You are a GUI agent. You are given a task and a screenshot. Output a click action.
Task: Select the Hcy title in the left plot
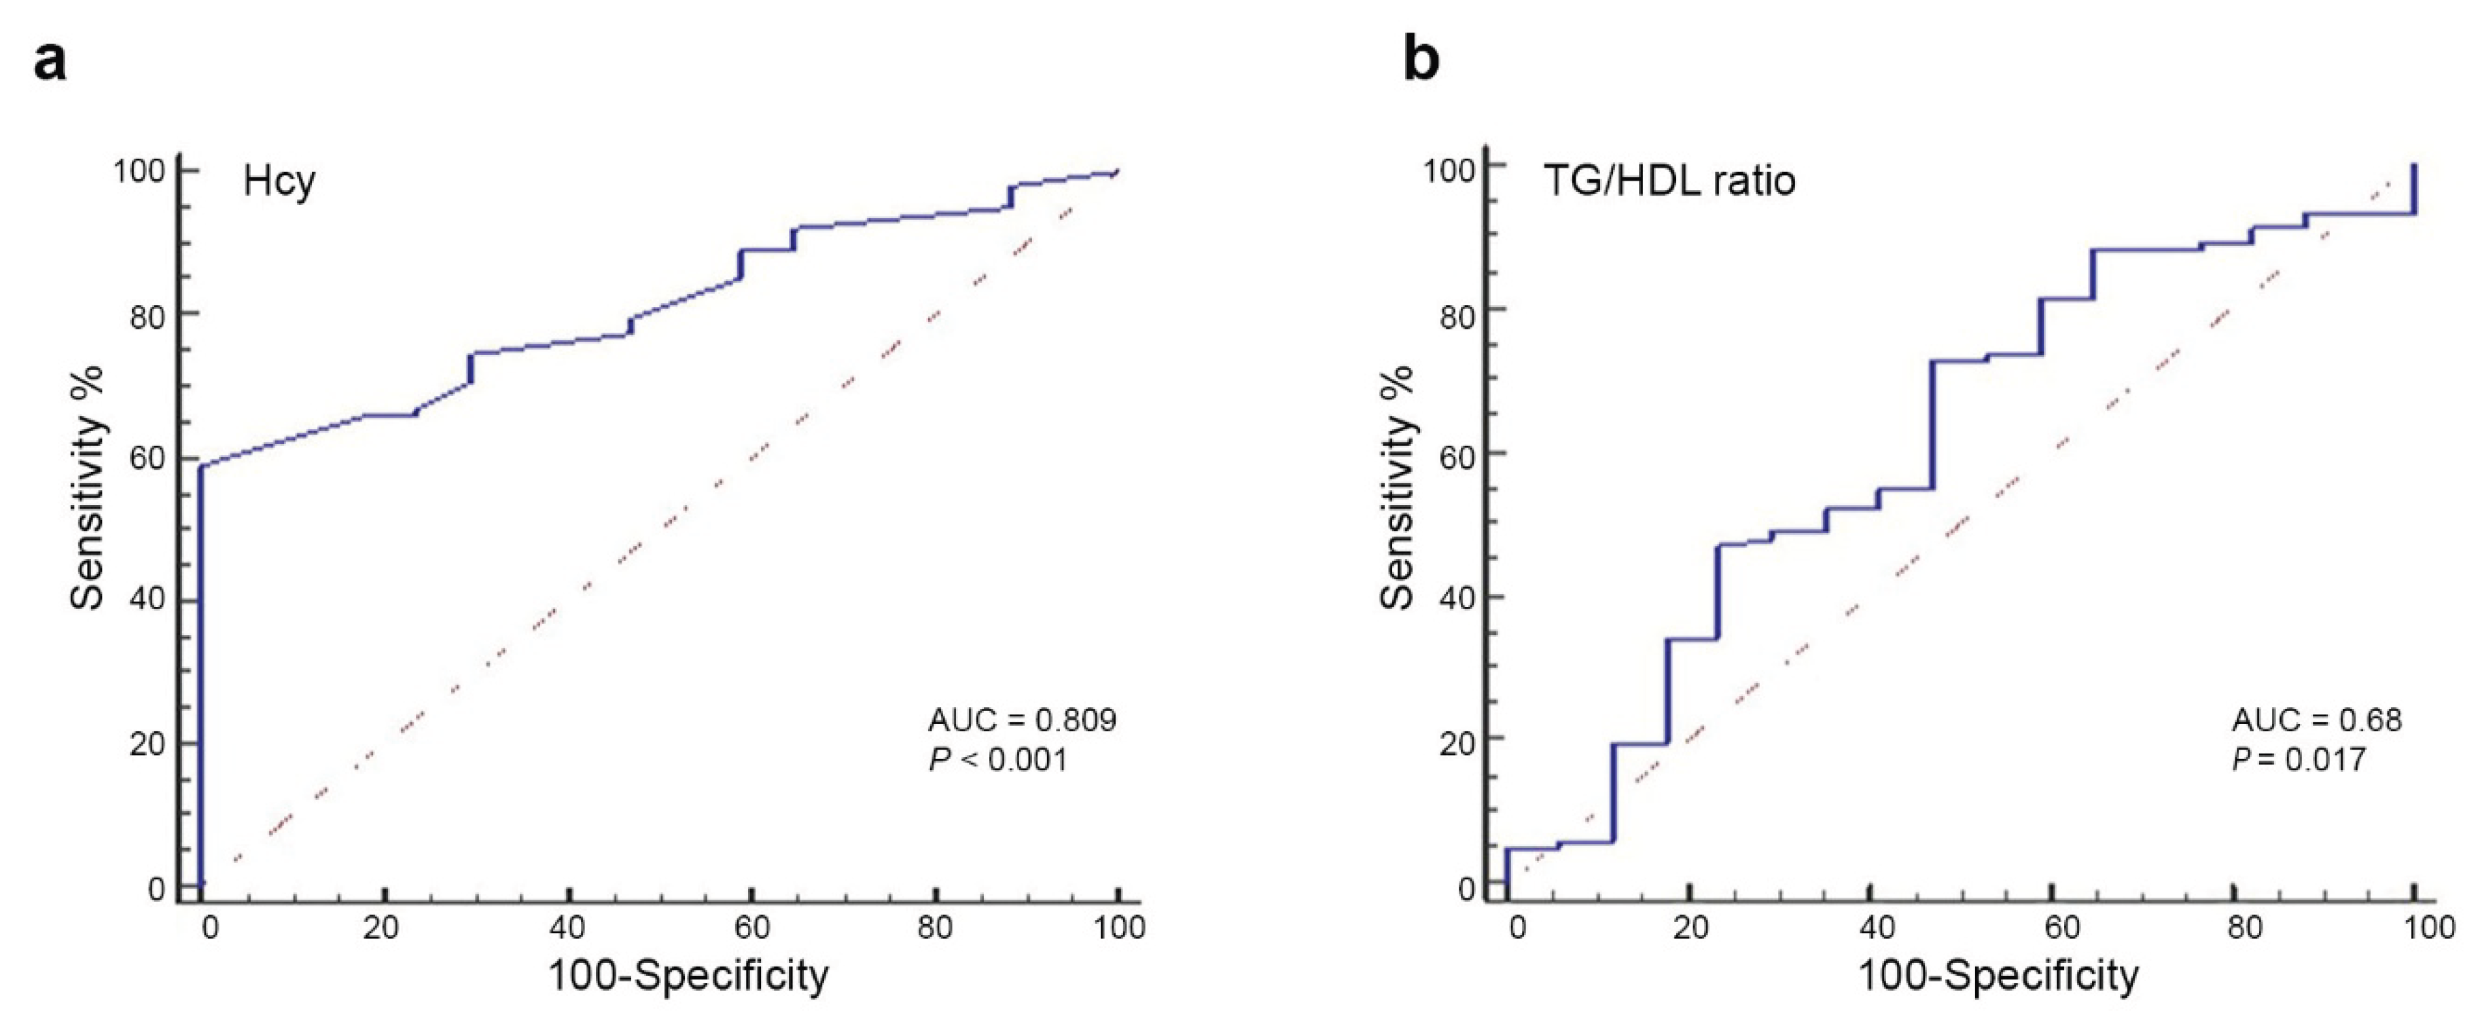coord(279,181)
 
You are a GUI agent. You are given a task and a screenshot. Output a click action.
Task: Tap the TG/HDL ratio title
coord(1669,181)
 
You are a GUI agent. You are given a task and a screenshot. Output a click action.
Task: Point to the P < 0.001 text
coord(998,761)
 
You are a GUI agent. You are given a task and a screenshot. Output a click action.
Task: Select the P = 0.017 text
coord(2299,761)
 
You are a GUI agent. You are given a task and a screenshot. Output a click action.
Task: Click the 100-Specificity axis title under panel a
coord(688,976)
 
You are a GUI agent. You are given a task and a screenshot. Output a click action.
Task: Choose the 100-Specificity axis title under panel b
coord(1998,976)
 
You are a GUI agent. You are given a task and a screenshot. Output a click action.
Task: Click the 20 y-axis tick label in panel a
coord(147,744)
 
